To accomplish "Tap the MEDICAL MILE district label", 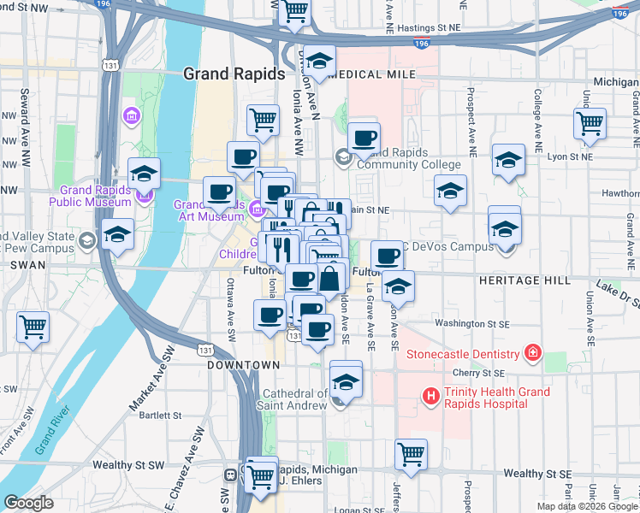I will [371, 74].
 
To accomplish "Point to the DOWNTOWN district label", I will [244, 365].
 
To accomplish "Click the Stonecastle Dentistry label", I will [463, 353].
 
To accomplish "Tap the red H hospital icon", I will [430, 396].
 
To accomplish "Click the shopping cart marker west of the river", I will [33, 326].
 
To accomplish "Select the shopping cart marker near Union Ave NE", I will [590, 123].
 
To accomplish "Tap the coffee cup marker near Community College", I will [364, 138].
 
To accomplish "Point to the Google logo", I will [28, 503].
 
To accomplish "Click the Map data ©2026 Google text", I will [587, 506].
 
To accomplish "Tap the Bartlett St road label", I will [155, 415].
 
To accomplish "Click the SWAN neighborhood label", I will [21, 266].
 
